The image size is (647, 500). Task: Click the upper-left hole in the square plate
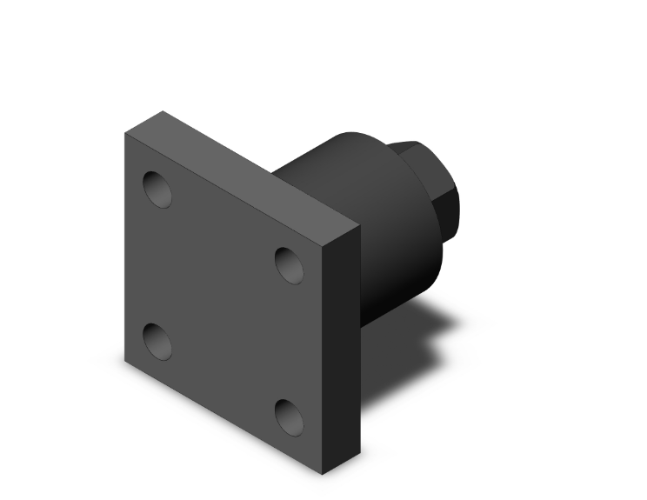[x=157, y=189]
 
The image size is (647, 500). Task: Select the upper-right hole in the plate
[x=290, y=264]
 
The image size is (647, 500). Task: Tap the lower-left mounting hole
[x=157, y=341]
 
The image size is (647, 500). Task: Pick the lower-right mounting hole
[x=290, y=417]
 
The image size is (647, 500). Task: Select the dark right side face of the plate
[x=341, y=348]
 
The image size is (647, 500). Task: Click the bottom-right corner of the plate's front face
[x=323, y=475]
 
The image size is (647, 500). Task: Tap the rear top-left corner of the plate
[x=163, y=112]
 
